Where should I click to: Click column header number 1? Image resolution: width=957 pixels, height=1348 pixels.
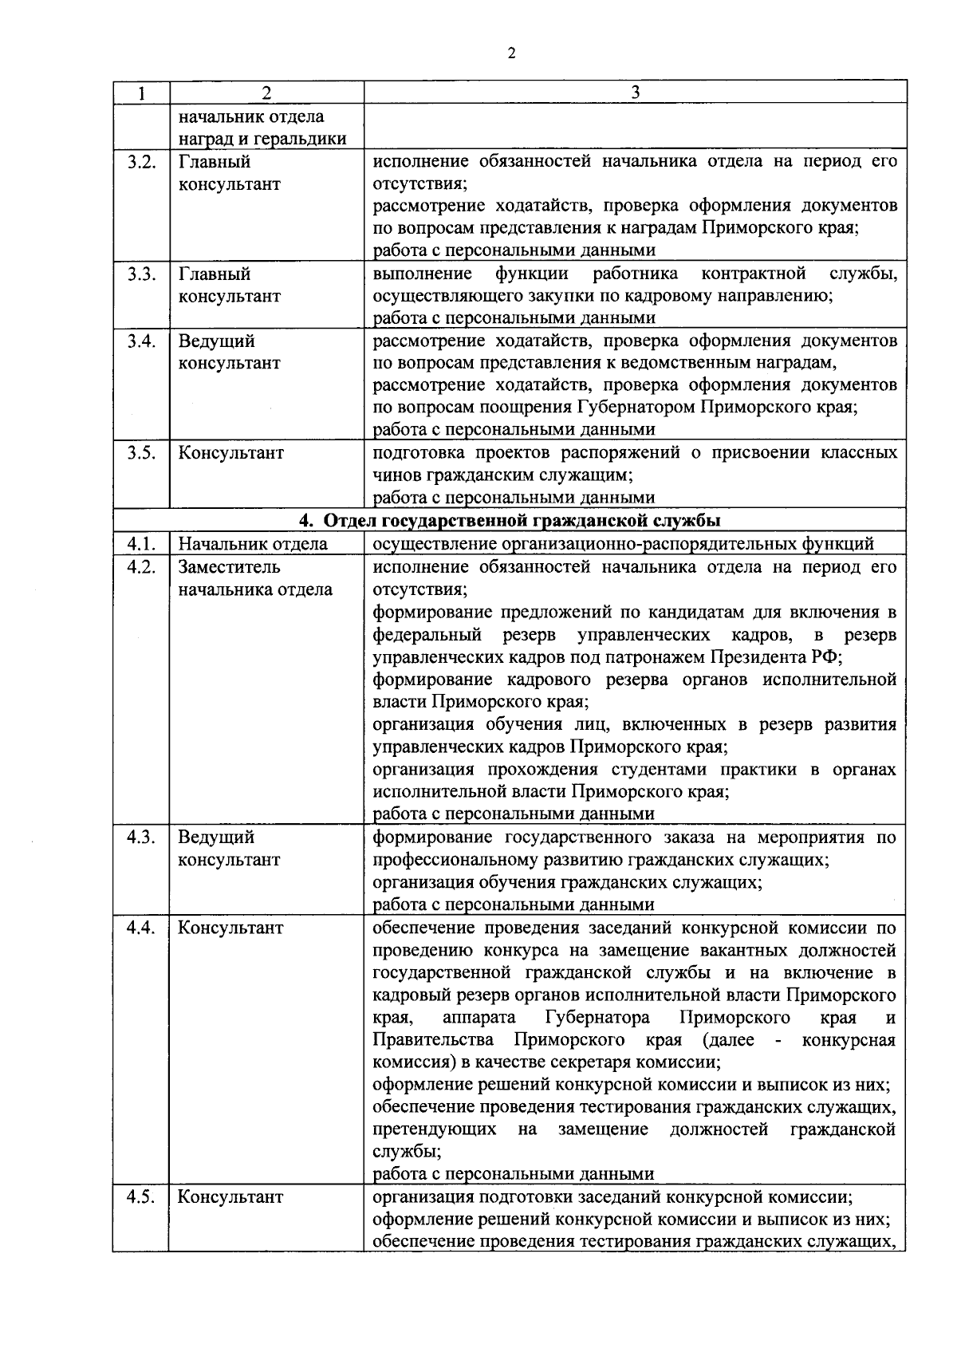coord(140,93)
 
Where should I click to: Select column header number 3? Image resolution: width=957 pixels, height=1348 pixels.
coord(635,93)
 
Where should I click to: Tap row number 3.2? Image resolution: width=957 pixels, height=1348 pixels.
coord(140,162)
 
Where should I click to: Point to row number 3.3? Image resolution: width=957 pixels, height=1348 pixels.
coord(140,274)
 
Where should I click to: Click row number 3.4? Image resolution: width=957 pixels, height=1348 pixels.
coord(140,341)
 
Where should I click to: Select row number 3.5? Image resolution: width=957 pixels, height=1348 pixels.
coord(140,453)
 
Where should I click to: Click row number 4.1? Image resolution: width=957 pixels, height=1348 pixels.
coord(140,544)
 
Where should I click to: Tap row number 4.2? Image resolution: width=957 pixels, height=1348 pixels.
coord(140,567)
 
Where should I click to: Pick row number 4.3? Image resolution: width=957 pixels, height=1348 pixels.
coord(140,838)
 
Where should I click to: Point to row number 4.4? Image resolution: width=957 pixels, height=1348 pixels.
coord(140,928)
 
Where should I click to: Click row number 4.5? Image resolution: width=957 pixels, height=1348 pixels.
coord(140,1197)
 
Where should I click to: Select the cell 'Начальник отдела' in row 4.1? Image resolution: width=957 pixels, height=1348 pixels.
coord(253,544)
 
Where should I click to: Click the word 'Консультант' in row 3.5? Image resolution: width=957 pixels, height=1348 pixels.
coord(230,453)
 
